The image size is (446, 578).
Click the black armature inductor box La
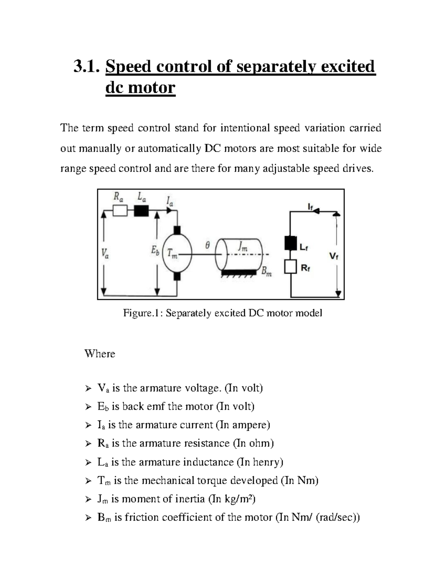[141, 211]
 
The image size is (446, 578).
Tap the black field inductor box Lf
[290, 243]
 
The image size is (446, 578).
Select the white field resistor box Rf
[290, 267]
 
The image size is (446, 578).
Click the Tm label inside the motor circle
[172, 253]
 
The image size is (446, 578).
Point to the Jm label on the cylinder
[242, 247]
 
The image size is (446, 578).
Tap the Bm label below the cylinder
[266, 272]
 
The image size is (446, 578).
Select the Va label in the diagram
[105, 254]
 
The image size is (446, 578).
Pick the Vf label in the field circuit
[334, 256]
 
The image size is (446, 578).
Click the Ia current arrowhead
[169, 211]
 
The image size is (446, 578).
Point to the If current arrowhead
[316, 211]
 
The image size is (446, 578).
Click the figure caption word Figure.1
[143, 313]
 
